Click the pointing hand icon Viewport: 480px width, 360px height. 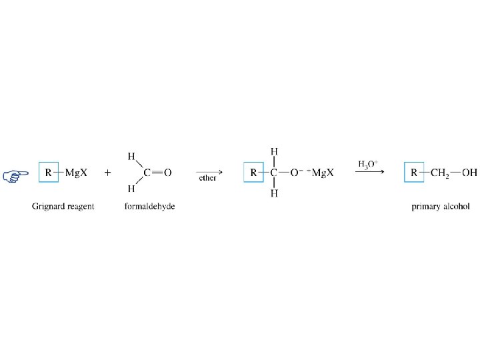(11, 175)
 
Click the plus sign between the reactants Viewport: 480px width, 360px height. (107, 173)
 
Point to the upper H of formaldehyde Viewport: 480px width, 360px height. (131, 157)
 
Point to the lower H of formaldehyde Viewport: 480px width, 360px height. (131, 189)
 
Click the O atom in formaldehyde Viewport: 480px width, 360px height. (167, 173)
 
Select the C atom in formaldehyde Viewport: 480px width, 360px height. (147, 173)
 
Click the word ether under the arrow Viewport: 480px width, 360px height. (207, 178)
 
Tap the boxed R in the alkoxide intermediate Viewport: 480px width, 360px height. (254, 173)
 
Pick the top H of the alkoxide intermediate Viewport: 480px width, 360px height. (274, 153)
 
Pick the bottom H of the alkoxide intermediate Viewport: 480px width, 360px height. (274, 193)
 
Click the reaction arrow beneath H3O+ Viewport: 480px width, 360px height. (369, 172)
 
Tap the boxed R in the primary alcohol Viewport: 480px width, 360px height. (414, 173)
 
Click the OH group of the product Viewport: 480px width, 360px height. (470, 173)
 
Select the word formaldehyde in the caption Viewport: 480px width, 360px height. (149, 207)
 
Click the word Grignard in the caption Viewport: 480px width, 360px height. (47, 207)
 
